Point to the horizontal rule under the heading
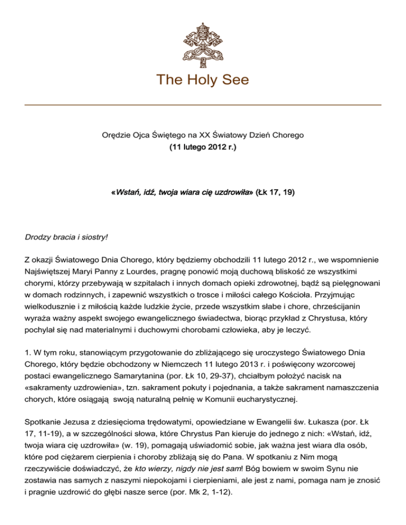coord(203,105)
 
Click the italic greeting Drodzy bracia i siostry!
coord(66,238)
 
